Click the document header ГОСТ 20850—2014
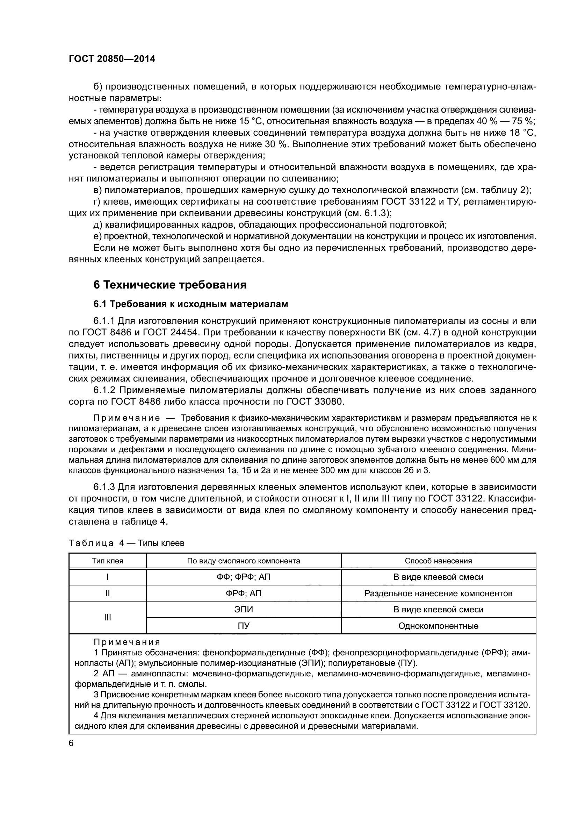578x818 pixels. click(112, 59)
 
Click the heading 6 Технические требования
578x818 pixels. click(170, 285)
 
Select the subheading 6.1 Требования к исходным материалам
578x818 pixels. click(190, 304)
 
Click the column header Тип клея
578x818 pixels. click(108, 561)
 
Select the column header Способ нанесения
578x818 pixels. click(438, 561)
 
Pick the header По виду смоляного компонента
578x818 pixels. click(244, 561)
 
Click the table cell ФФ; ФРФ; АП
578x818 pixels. click(244, 577)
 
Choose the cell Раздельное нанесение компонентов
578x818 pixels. click(438, 593)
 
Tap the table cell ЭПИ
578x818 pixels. click(244, 610)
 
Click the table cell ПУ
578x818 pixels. click(244, 626)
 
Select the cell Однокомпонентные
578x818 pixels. click(438, 626)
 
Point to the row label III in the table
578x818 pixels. click(108, 618)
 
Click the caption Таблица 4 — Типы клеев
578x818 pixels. click(127, 543)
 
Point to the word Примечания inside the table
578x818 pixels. click(127, 642)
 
